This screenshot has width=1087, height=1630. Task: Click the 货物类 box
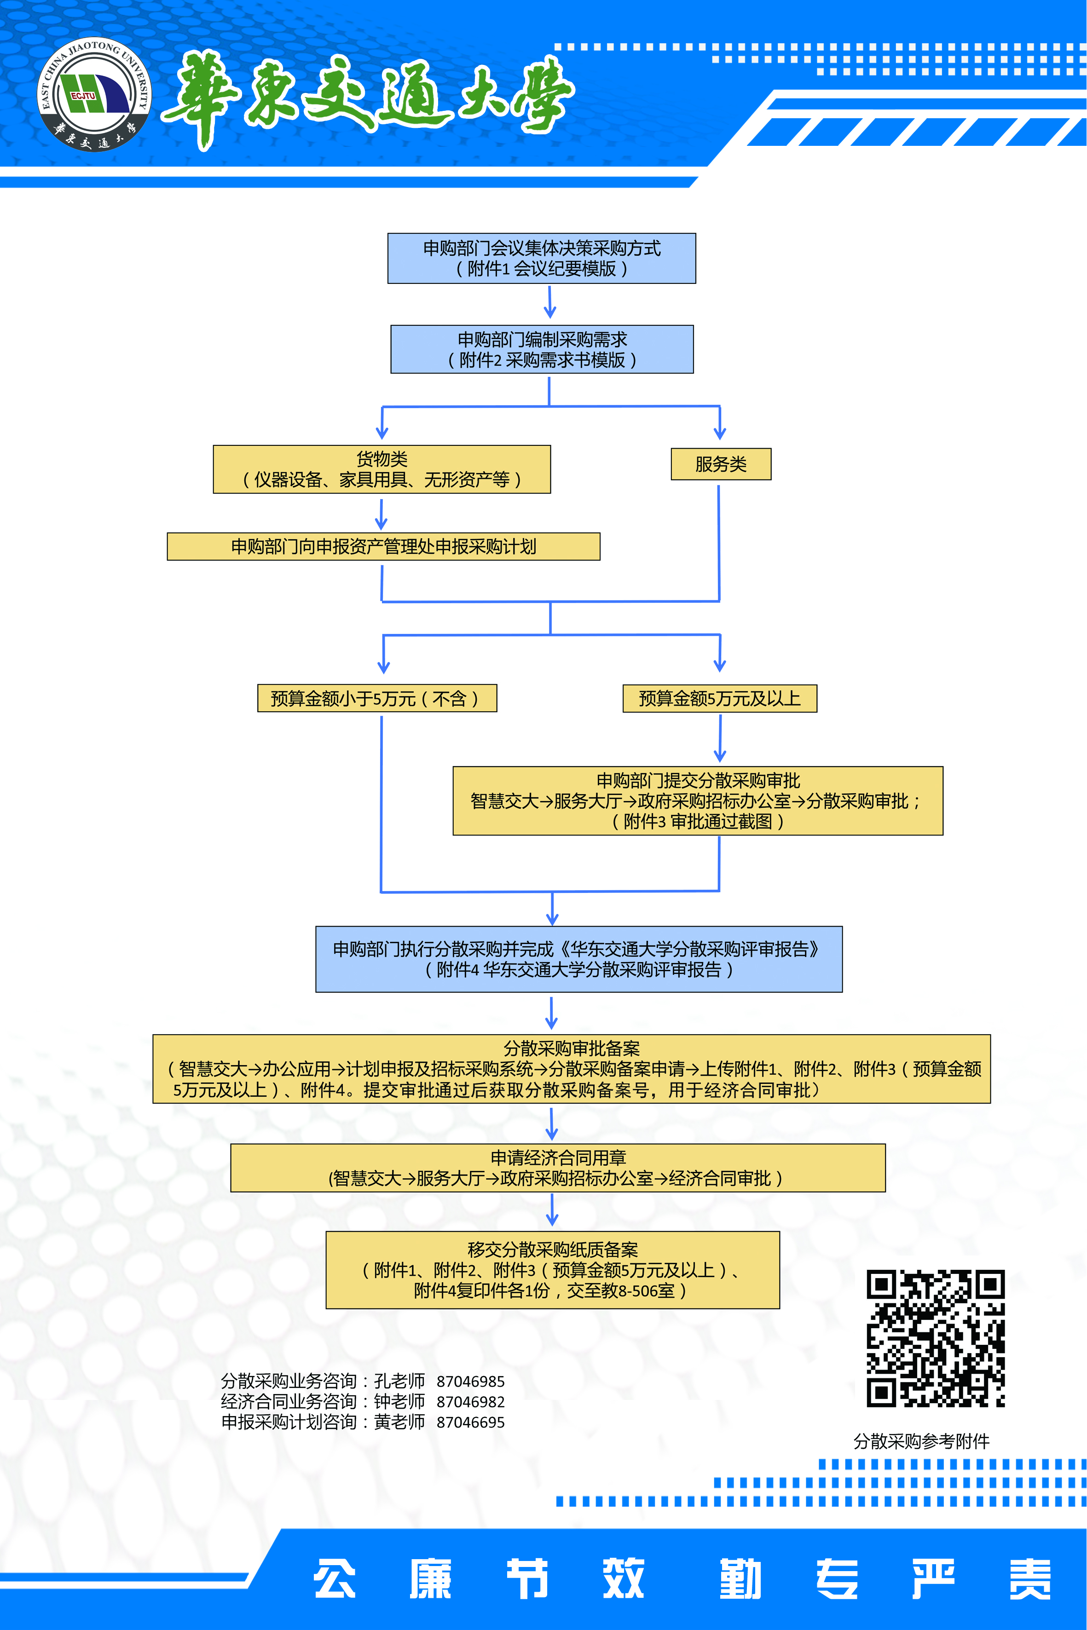coord(382,469)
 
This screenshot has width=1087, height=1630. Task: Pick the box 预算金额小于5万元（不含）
coord(376,698)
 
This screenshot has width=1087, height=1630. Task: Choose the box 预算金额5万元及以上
coord(720,698)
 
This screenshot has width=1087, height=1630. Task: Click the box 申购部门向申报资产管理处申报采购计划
coord(383,546)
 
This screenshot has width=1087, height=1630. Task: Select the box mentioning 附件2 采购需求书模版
coord(541,349)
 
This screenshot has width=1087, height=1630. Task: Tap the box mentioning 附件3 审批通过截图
coord(697,801)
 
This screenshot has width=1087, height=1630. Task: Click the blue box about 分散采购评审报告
coord(579,959)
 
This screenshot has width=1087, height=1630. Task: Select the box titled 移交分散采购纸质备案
coord(553,1270)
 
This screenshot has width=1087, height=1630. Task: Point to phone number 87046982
coord(470,1402)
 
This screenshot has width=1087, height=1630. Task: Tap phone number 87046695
coord(470,1422)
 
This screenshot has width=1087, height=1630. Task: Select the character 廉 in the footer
coord(430,1579)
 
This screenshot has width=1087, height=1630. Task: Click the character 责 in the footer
coord(1030,1579)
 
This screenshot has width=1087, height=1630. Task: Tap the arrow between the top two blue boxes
coord(550,302)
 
